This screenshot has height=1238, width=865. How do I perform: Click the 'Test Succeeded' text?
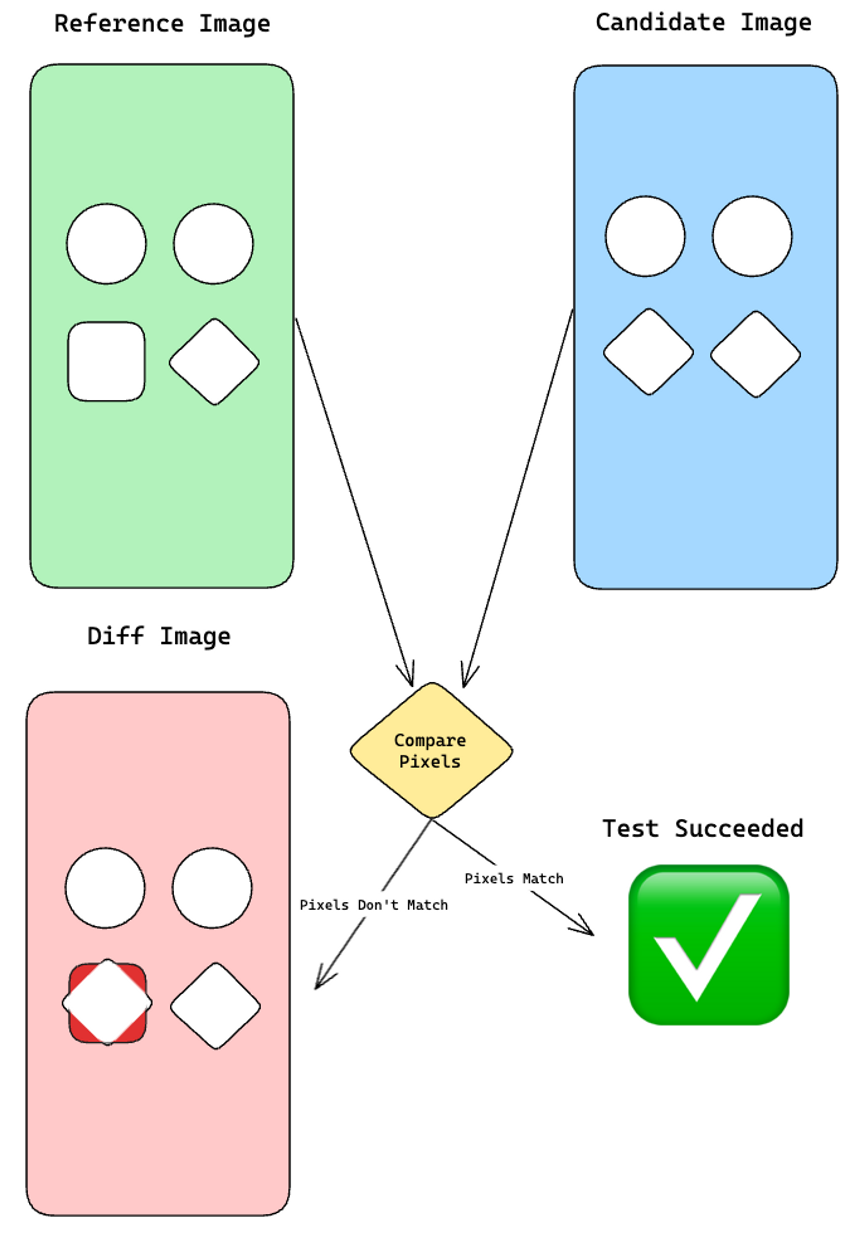coord(703,829)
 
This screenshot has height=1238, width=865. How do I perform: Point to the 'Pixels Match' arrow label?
coord(514,879)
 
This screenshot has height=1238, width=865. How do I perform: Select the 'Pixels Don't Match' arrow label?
coord(373,905)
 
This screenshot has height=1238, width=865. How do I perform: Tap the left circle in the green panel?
coord(106,244)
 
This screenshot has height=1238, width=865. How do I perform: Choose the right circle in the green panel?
coord(213,244)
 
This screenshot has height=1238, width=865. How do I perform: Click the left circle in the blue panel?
coord(645,236)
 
